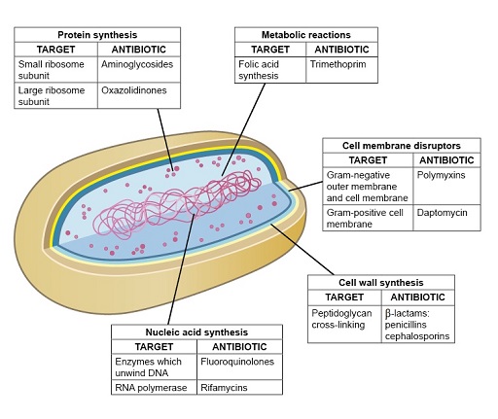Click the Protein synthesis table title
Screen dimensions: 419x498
click(x=96, y=34)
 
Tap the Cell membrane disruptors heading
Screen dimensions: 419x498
click(x=402, y=145)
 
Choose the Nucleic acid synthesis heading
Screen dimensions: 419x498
click(x=197, y=331)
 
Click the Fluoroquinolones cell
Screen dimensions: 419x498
click(x=238, y=361)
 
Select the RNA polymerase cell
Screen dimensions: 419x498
click(x=154, y=387)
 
